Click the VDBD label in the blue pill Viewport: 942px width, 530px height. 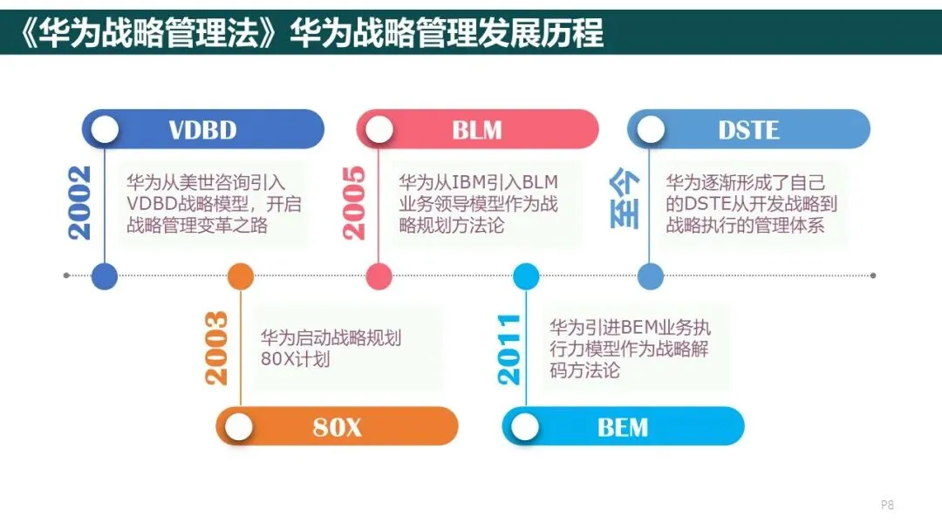(202, 130)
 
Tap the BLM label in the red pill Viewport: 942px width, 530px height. (477, 130)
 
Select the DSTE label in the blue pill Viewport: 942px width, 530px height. (748, 130)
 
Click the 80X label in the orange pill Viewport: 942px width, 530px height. (337, 427)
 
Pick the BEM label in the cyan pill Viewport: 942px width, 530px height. (623, 427)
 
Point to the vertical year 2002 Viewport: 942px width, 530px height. (80, 201)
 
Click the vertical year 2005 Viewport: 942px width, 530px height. (354, 201)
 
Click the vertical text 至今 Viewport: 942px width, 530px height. (625, 200)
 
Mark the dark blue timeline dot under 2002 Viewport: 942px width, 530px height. (105, 276)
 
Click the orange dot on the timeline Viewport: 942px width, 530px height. (240, 276)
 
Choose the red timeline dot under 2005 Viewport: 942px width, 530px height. (379, 276)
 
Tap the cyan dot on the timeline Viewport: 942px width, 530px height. (526, 276)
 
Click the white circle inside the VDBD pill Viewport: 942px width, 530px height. (105, 130)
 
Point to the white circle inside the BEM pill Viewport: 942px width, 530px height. (525, 427)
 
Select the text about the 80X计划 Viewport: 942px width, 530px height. (331, 348)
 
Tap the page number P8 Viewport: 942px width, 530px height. (887, 505)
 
